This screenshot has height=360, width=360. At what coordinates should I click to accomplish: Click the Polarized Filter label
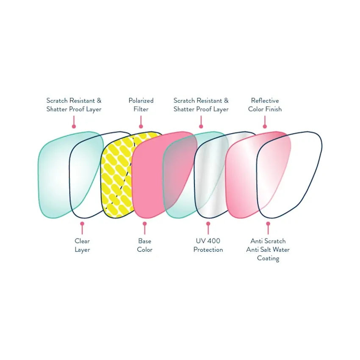tap(141, 105)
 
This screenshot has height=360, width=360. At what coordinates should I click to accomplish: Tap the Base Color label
tap(144, 245)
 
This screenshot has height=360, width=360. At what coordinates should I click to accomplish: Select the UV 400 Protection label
tap(208, 245)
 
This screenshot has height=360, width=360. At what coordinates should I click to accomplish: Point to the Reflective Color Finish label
tap(265, 105)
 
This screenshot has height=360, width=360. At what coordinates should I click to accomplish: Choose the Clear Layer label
tap(82, 245)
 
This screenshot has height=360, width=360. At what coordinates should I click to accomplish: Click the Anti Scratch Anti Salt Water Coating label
tap(268, 249)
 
